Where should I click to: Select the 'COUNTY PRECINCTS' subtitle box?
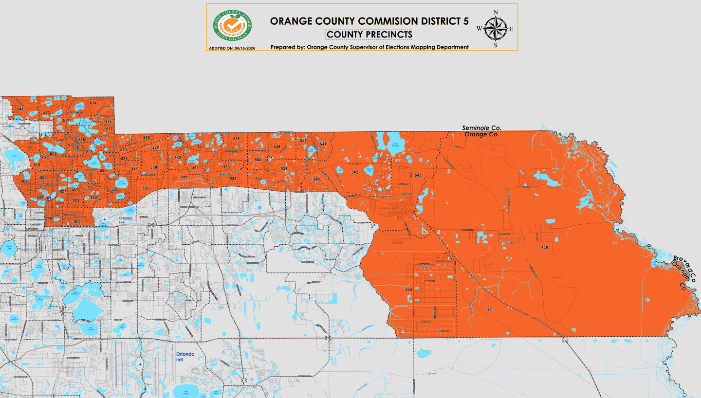coord(369,34)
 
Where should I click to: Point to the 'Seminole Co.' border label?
coord(481,127)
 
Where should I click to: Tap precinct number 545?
coord(544,248)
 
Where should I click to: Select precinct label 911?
coord(490,309)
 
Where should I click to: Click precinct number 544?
coord(408,289)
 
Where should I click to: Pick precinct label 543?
coord(418,175)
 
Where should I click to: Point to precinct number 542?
coord(355,172)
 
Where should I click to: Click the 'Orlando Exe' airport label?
coord(125,220)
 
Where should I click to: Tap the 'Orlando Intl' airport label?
coord(185,356)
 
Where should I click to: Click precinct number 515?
coord(93,102)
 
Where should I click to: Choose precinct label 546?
coord(20,109)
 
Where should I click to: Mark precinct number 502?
coord(77,221)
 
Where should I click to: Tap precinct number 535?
coord(236,139)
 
